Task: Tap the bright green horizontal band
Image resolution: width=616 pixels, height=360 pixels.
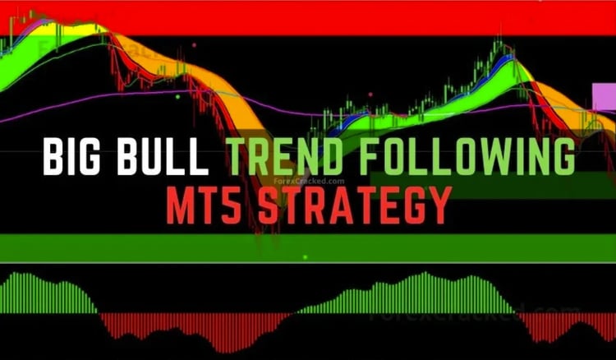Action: [x=308, y=245]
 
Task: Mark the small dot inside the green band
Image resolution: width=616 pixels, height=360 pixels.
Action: [x=305, y=257]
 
